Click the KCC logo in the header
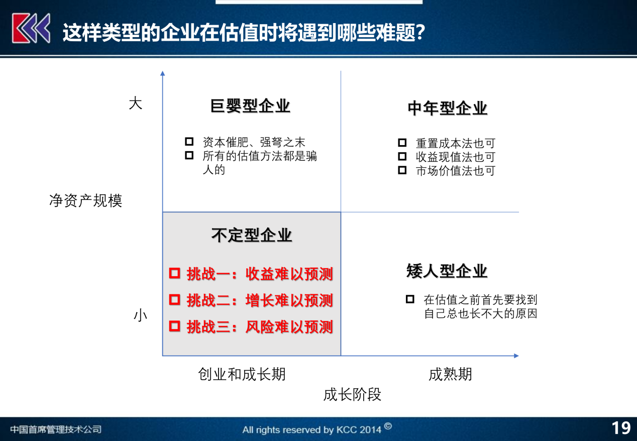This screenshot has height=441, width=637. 31,28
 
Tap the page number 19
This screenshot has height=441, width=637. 621,428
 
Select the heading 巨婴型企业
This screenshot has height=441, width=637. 250,106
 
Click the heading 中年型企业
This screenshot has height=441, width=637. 447,108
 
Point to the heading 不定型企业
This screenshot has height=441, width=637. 251,235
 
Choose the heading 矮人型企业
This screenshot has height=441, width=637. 447,271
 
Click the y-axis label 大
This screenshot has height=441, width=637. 136,103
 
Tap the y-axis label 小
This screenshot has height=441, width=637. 140,316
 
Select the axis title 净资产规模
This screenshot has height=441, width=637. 86,201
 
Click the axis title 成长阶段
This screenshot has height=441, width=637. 352,394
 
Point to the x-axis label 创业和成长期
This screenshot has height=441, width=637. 242,374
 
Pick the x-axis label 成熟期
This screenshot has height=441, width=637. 450,374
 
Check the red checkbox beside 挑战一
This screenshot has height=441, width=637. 174,273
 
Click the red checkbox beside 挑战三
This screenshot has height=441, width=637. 174,326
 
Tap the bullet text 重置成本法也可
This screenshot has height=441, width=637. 456,144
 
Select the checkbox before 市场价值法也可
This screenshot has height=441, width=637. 402,170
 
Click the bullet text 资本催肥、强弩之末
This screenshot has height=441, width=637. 254,143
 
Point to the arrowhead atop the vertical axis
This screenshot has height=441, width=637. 162,74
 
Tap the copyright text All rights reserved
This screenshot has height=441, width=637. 311,429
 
